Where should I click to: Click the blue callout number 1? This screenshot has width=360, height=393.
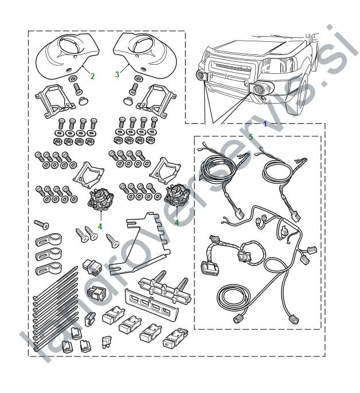tap(265, 124)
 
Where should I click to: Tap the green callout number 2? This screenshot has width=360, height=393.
tap(92, 76)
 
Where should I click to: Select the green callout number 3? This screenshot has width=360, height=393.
tap(117, 74)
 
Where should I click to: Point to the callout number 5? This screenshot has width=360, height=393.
tap(251, 137)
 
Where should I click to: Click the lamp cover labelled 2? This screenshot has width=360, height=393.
tap(66, 56)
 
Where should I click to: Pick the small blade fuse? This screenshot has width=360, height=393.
tap(107, 343)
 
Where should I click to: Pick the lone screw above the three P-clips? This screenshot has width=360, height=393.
tap(41, 225)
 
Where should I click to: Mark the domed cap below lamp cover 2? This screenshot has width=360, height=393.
tap(82, 101)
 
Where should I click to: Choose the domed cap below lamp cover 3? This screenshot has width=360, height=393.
tap(128, 101)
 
